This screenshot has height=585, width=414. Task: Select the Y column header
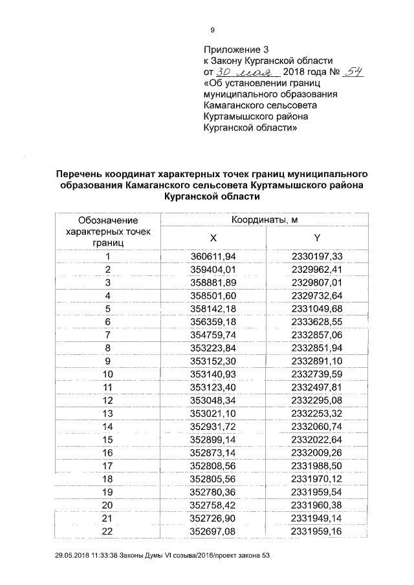(x=317, y=237)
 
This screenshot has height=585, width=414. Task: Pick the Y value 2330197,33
(x=317, y=257)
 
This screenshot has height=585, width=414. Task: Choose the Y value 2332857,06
(x=317, y=334)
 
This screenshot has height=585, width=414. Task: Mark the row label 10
(x=107, y=374)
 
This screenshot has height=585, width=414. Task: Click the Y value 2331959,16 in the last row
(x=317, y=531)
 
